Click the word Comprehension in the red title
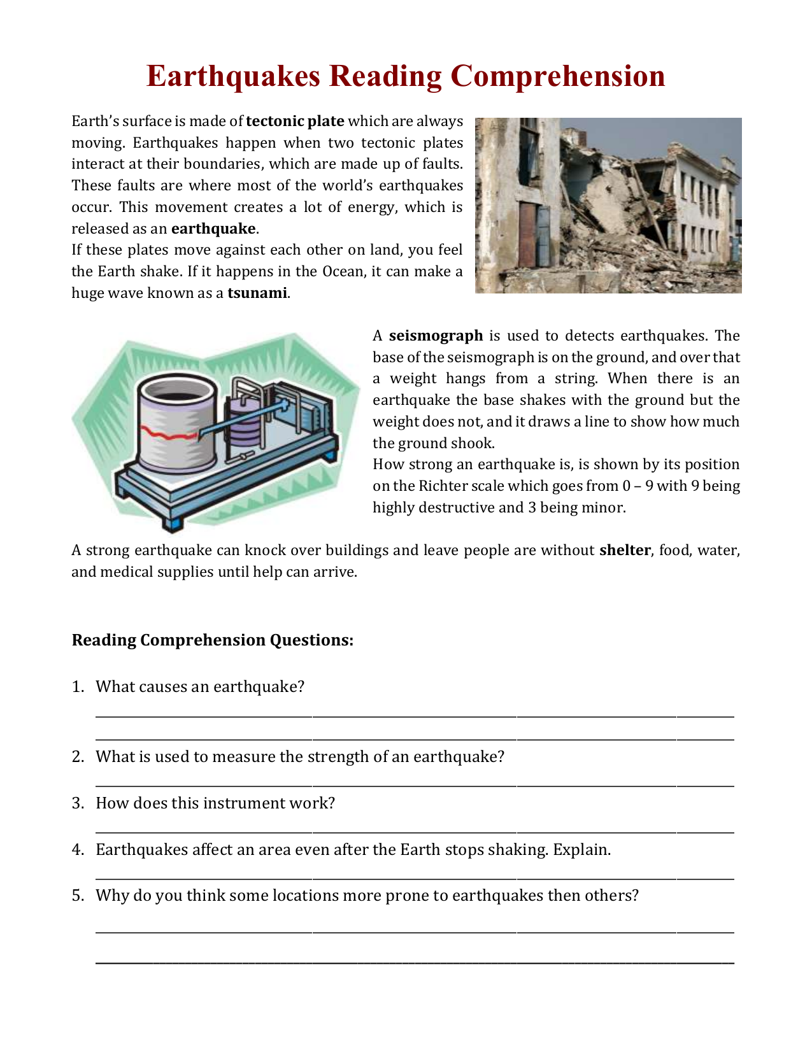(x=557, y=76)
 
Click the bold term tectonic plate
(x=295, y=122)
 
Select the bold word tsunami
(x=257, y=293)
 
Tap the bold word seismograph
(x=436, y=336)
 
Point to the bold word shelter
(x=625, y=551)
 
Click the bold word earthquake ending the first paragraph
(x=213, y=229)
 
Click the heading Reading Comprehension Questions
(x=212, y=640)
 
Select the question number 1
(x=78, y=687)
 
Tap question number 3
(x=78, y=803)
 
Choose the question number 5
(x=78, y=896)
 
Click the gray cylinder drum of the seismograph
(x=176, y=420)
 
